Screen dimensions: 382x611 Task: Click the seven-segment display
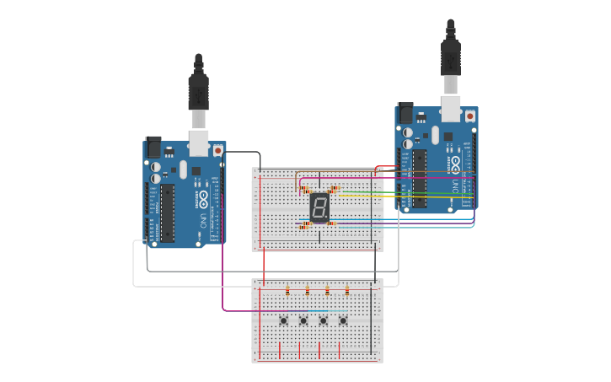tap(319, 207)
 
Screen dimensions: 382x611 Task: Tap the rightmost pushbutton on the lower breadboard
tap(343, 320)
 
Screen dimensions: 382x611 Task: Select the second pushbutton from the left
tap(303, 320)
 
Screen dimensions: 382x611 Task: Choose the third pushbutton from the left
tap(323, 320)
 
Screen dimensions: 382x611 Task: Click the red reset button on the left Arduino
tap(218, 150)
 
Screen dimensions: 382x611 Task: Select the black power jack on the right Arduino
tap(405, 114)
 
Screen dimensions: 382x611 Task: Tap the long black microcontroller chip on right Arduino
tap(419, 175)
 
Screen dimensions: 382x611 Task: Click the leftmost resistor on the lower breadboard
tap(287, 292)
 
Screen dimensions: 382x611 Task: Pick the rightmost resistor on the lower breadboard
tap(348, 292)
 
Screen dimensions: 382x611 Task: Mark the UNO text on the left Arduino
tap(203, 222)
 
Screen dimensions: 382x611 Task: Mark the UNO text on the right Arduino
tap(456, 186)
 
